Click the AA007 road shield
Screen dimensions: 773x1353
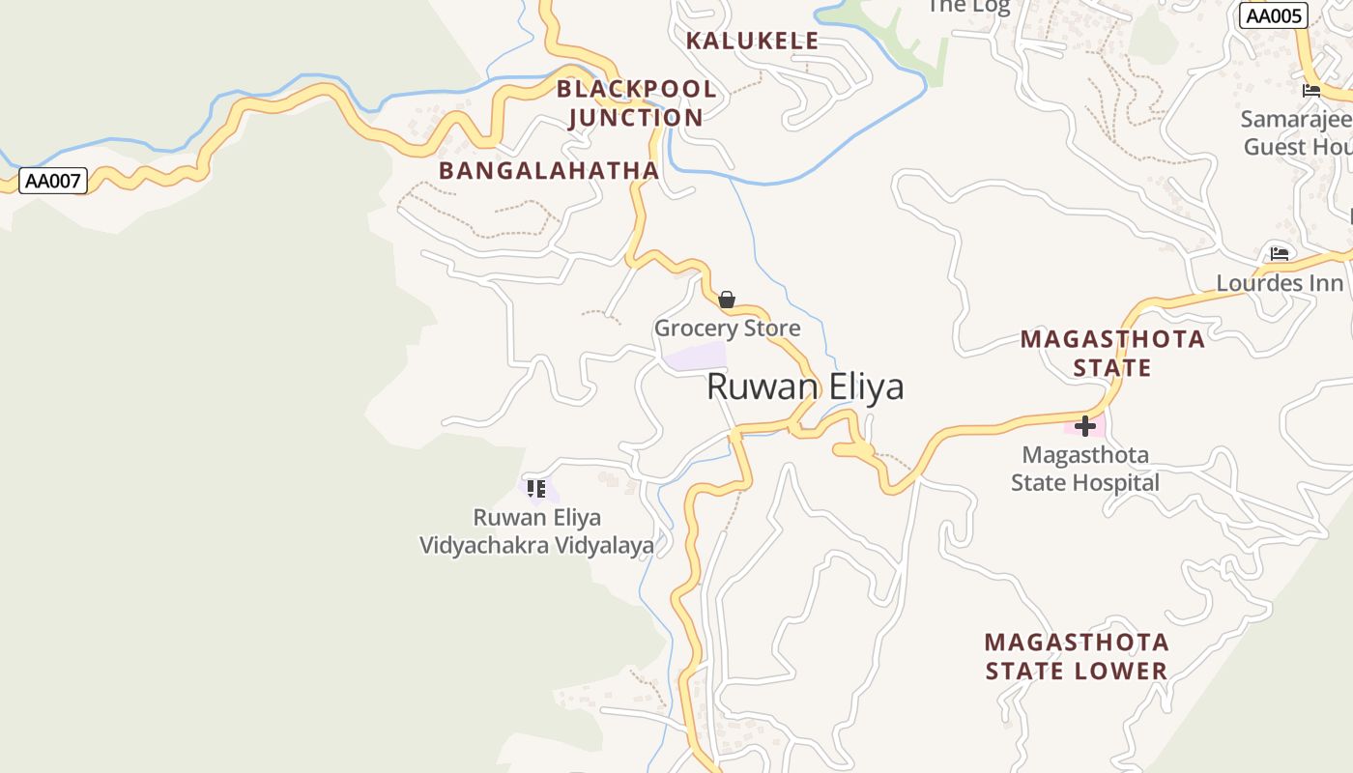tap(53, 181)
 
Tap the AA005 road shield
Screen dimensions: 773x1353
tap(1273, 15)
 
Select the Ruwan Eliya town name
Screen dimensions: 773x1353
tap(805, 386)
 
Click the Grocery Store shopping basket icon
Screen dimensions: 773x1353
tap(727, 300)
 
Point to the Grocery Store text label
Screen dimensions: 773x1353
tap(728, 328)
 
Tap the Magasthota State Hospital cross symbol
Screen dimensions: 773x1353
tap(1085, 425)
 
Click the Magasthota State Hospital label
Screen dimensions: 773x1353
tap(1085, 469)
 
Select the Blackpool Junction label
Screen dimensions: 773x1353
tap(636, 103)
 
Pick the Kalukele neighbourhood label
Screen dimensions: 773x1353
tap(752, 41)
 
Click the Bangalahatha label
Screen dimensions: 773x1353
tap(549, 171)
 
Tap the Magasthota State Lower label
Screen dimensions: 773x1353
tap(1077, 656)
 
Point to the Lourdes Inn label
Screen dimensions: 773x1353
tap(1280, 283)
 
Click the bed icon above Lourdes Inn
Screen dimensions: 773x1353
tap(1280, 254)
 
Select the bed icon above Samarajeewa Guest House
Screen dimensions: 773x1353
tap(1311, 91)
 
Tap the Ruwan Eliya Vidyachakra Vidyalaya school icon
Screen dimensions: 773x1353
tap(536, 489)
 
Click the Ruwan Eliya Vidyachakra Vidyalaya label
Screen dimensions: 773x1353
tap(536, 531)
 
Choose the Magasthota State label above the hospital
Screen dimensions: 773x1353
tap(1112, 353)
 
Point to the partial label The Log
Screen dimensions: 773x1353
tap(967, 7)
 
